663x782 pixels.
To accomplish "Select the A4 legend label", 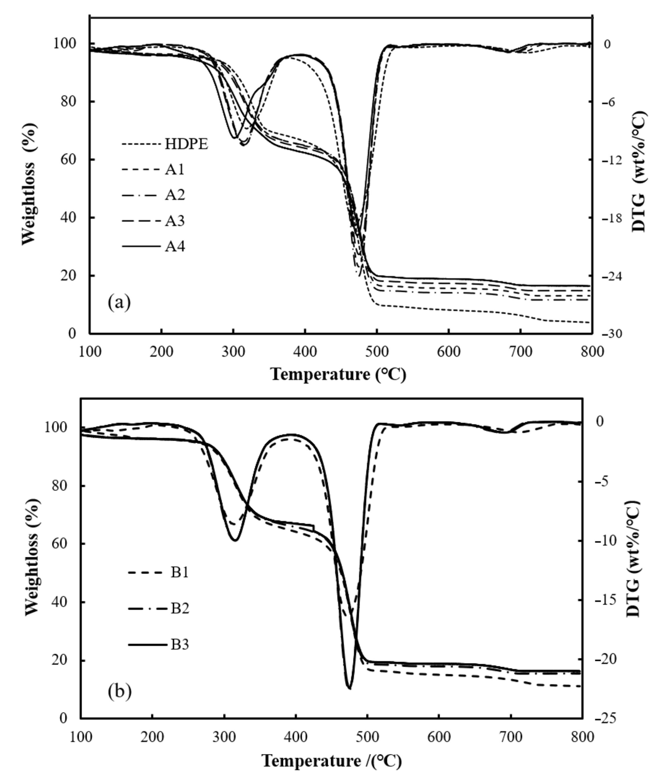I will [175, 247].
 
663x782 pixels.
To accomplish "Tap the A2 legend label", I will [175, 195].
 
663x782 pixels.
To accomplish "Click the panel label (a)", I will [119, 303].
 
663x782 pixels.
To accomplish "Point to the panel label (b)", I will [119, 691].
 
